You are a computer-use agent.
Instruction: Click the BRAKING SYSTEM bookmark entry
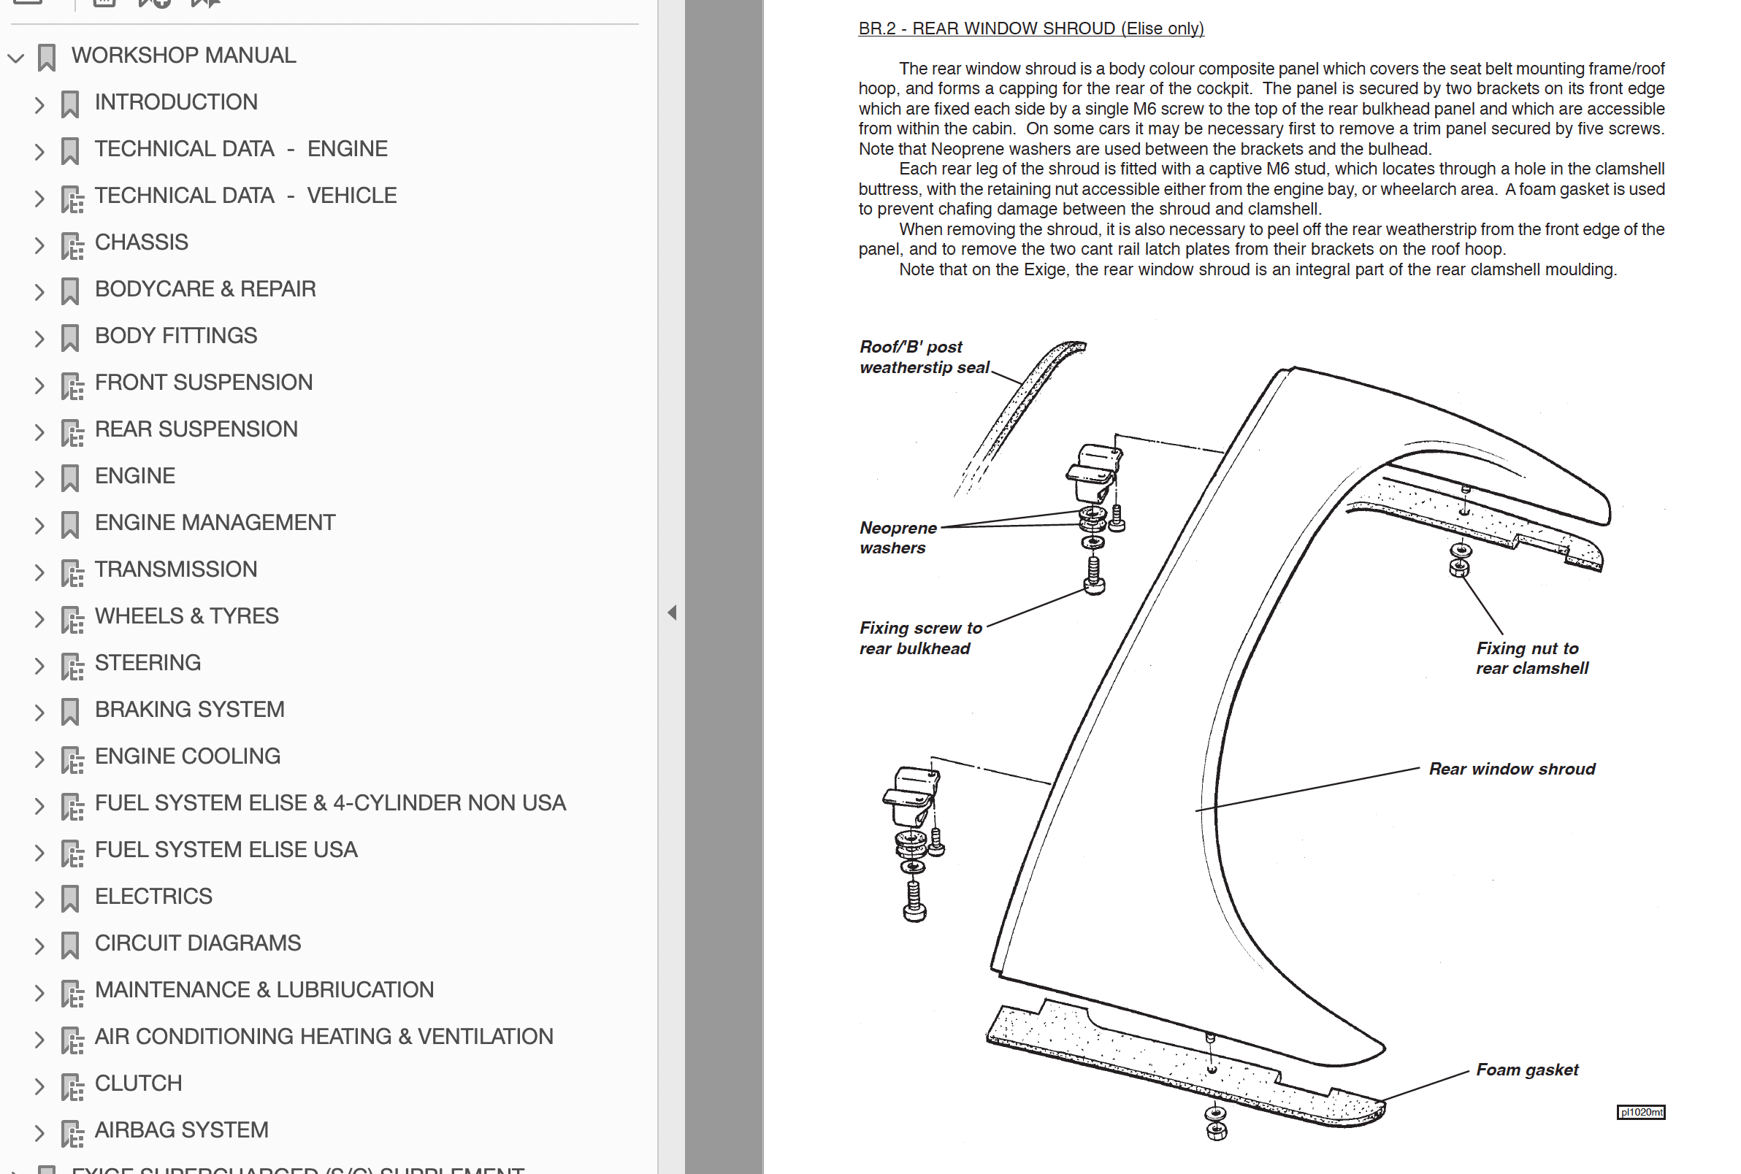coord(188,709)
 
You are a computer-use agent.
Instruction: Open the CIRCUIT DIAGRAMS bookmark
coord(197,943)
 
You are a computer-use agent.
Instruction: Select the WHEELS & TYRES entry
coord(185,615)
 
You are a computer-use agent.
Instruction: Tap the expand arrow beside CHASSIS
coord(39,244)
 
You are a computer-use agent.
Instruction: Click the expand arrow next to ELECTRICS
coord(39,899)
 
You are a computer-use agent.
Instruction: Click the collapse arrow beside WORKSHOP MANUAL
coord(16,57)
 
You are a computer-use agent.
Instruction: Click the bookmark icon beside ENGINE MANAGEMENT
coord(69,524)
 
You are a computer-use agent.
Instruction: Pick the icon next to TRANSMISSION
coord(72,572)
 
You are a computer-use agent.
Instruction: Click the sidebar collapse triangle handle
coord(672,613)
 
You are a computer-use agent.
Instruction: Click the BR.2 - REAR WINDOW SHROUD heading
coord(1030,28)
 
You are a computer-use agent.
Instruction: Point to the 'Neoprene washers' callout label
coord(897,537)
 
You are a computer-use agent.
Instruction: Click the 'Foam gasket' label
coord(1526,1069)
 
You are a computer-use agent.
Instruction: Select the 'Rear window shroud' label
coord(1511,769)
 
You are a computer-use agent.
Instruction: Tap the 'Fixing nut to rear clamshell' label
coord(1531,658)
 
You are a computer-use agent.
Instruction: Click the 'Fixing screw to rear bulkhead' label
coord(919,638)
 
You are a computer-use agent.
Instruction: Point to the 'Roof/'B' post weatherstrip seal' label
coord(922,357)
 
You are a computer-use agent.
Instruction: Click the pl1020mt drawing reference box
coord(1640,1112)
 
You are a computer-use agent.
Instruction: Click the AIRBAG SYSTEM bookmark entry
coord(181,1129)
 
